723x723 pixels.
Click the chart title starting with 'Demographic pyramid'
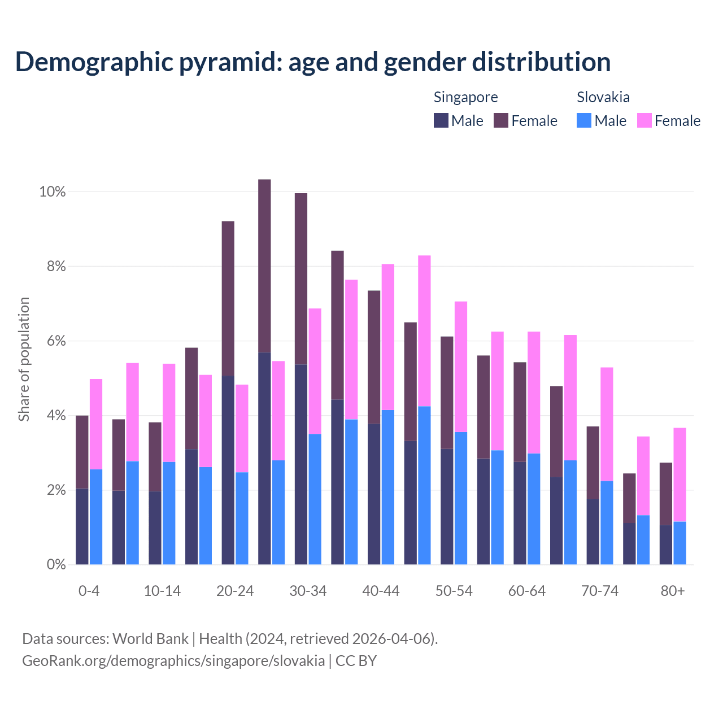pos(313,62)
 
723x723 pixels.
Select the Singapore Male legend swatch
pos(441,121)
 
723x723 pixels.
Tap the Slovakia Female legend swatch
pos(644,121)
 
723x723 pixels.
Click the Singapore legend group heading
pos(465,97)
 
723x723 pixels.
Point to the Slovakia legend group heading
pos(603,97)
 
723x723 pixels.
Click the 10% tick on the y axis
pos(53,192)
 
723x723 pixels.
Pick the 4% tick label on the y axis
pos(56,416)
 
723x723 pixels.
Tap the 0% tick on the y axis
pos(56,564)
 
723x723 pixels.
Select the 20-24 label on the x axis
pos(235,591)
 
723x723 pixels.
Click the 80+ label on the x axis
pos(673,591)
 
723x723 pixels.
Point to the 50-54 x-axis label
pos(454,591)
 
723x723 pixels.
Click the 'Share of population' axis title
pos(24,359)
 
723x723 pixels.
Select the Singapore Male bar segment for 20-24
pos(228,470)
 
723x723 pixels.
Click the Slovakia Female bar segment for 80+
pos(680,474)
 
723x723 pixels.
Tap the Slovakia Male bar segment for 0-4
pos(96,517)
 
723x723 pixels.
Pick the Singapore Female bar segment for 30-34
pos(301,279)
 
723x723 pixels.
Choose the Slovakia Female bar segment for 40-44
pos(388,337)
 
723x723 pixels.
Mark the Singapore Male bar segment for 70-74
pos(593,532)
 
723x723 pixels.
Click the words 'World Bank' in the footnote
pos(150,639)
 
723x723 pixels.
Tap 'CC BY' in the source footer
pos(356,661)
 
